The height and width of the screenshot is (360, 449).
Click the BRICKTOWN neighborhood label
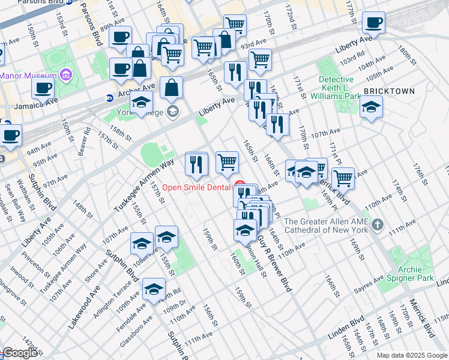388,91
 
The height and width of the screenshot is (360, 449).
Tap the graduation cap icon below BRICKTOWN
371,107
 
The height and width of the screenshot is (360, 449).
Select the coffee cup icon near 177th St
374,23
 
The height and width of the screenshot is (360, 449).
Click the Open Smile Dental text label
197,188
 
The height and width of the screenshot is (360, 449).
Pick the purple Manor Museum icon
65,76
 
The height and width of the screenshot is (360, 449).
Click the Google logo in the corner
20,353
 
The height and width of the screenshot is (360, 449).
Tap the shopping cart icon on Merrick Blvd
343,178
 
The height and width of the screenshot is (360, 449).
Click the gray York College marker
173,112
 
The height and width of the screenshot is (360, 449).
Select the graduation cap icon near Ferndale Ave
154,290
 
